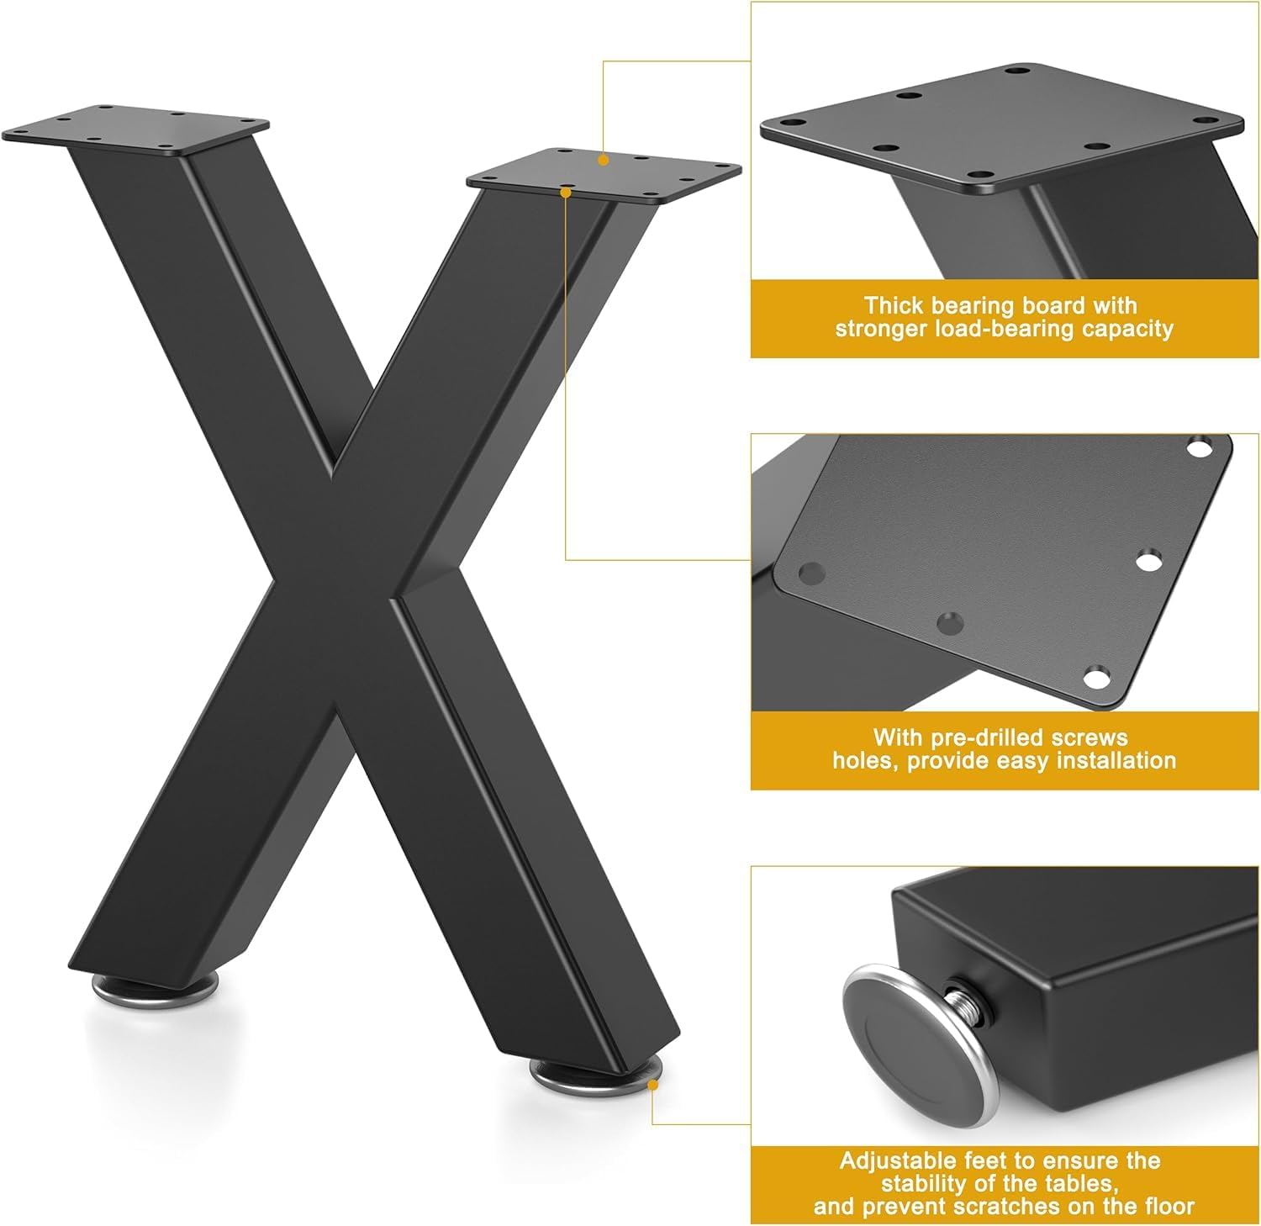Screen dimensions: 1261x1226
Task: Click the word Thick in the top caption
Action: pos(894,305)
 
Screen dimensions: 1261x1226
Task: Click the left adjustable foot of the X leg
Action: pos(155,987)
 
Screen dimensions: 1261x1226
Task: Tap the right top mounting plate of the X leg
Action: pos(604,176)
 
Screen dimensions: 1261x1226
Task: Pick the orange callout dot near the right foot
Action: pos(653,1086)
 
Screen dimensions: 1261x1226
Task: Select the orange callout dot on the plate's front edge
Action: pos(566,193)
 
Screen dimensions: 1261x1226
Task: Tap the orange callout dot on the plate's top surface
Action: pos(604,159)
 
